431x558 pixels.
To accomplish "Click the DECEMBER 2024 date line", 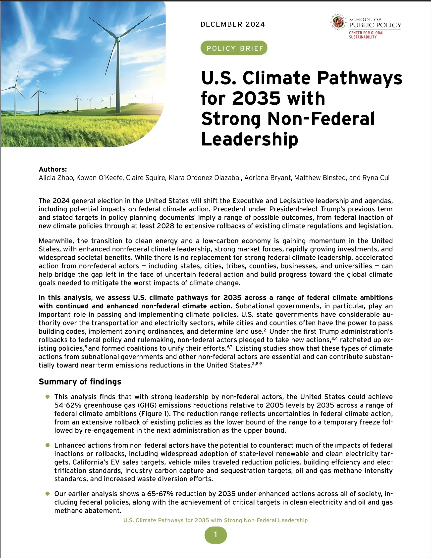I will pyautogui.click(x=233, y=24).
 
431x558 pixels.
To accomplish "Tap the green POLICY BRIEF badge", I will pyautogui.click(x=234, y=48).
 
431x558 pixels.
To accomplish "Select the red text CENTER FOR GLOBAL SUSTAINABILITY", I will pyautogui.click(x=366, y=35).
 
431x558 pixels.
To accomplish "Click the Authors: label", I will pyautogui.click(x=53, y=169).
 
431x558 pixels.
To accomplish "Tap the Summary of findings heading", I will pyautogui.click(x=80, y=381).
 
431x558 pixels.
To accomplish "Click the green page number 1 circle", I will pyautogui.click(x=215, y=535).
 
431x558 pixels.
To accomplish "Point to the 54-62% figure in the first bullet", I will pyautogui.click(x=68, y=405).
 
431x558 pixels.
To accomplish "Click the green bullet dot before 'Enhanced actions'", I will pyautogui.click(x=48, y=445).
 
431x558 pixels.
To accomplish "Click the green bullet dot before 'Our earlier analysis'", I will pyautogui.click(x=48, y=494).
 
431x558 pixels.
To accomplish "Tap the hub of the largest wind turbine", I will pyautogui.click(x=118, y=39).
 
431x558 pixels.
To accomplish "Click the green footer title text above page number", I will pyautogui.click(x=215, y=520).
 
